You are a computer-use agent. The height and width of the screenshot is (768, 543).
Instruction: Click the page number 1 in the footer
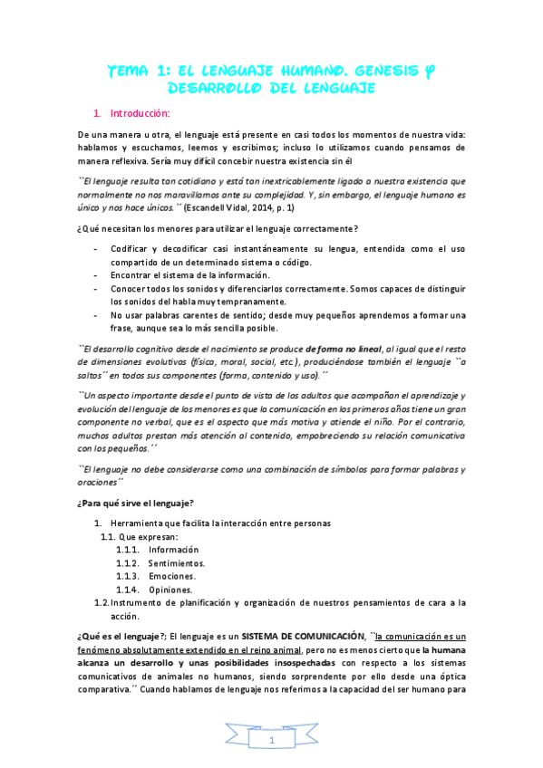(271, 741)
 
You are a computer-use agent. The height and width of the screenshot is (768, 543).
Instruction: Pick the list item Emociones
(173, 576)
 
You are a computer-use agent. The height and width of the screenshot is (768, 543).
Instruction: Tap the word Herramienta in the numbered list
(136, 523)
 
